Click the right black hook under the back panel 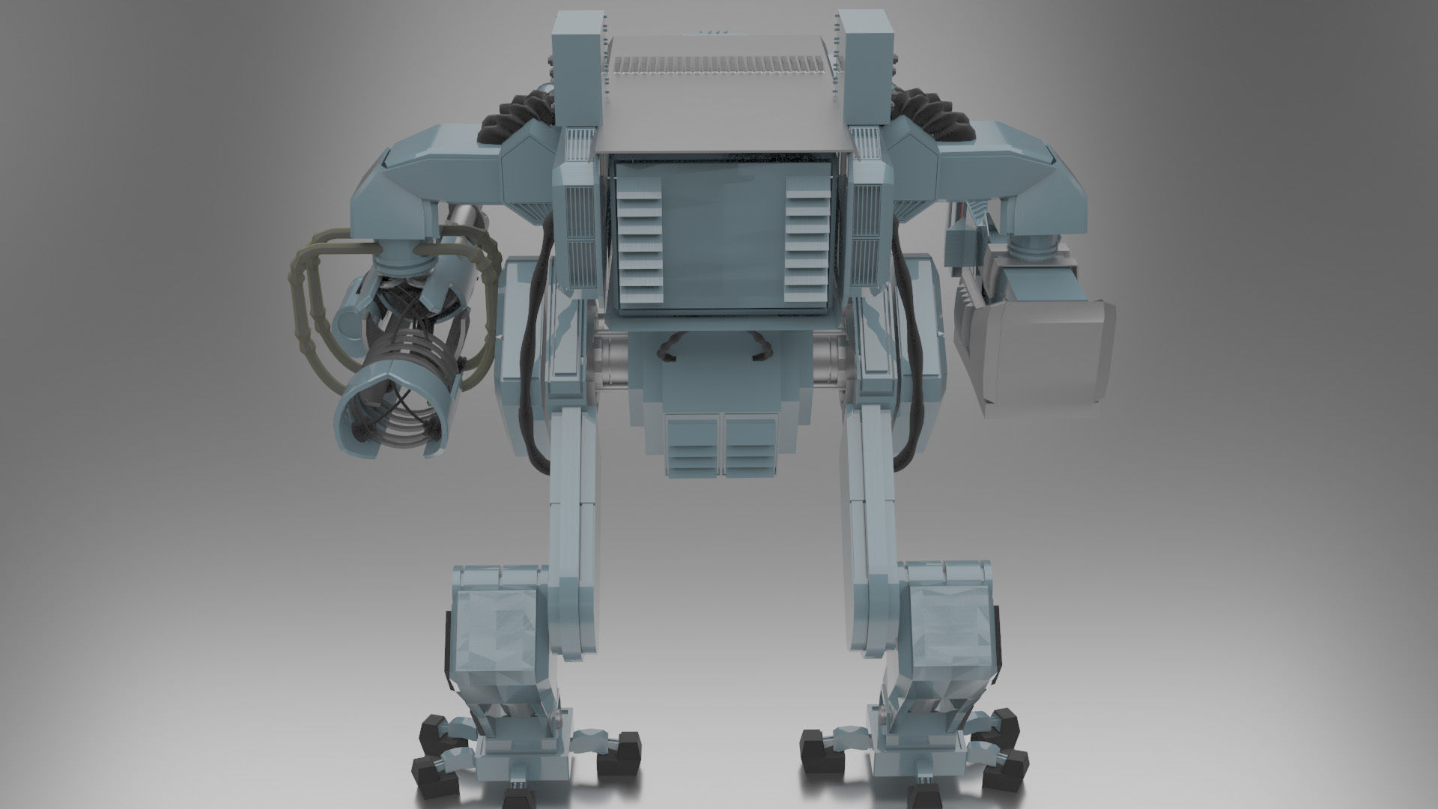tap(760, 348)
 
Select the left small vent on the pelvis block tap(694, 446)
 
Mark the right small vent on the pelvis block tap(750, 446)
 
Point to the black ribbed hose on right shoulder tap(929, 120)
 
